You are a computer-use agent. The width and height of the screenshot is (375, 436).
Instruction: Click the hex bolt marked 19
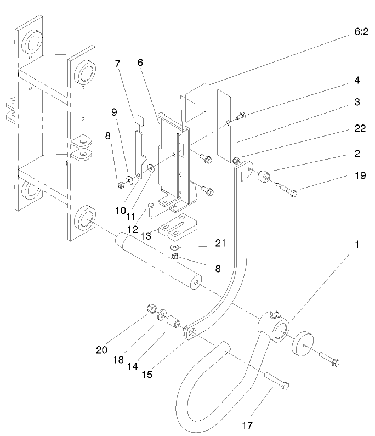[289, 189]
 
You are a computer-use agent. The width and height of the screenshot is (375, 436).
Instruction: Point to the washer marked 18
[163, 316]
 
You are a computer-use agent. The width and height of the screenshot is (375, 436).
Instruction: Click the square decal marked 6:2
[195, 103]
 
